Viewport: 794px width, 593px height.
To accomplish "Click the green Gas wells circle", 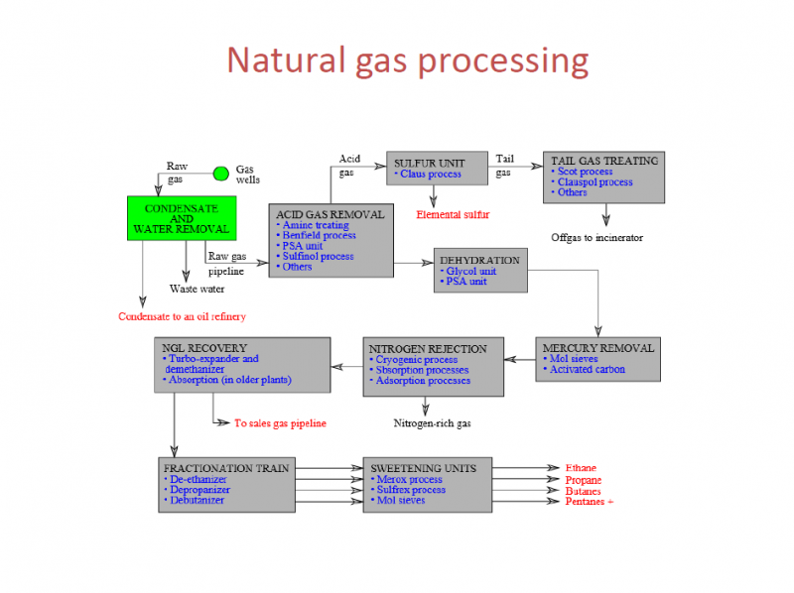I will coord(221,175).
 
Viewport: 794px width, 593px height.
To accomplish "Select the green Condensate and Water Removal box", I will coord(182,219).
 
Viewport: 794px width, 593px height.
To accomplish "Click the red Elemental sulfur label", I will coord(453,214).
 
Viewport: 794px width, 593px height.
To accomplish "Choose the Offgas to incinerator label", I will coord(596,237).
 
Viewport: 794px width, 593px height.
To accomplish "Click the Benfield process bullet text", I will coord(319,236).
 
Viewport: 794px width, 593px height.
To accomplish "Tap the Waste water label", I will coord(197,290).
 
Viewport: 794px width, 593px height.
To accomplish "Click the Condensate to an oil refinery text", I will coord(182,317).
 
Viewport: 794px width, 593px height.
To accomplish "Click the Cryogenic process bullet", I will coord(416,360).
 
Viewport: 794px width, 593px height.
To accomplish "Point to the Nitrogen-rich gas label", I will coord(432,423).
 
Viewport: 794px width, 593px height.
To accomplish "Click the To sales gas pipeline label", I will coord(280,423).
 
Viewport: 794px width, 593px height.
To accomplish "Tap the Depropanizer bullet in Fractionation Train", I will coord(199,490).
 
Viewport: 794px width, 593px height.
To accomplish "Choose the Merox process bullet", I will coord(409,479).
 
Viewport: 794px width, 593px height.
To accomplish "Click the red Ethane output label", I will coord(581,468).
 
